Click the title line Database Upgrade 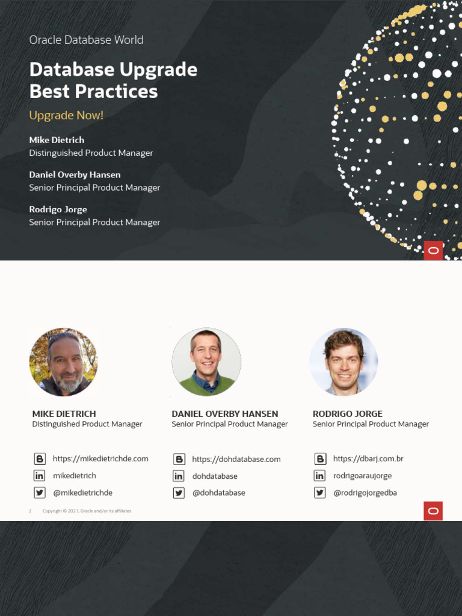(x=113, y=70)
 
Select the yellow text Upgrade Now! (x=66, y=115)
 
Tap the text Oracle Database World (x=86, y=40)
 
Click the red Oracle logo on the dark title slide (x=433, y=250)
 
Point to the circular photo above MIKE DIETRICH (x=63, y=362)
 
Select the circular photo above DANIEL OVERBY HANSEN (x=206, y=362)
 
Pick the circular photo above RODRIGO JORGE (x=343, y=362)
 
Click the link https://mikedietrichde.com (x=100, y=458)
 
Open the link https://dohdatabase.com (x=236, y=459)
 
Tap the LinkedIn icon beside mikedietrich (x=40, y=476)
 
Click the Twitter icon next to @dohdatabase (x=179, y=493)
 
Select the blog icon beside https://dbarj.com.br (x=320, y=459)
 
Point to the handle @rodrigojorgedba (x=365, y=493)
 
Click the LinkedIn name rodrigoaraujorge (x=362, y=476)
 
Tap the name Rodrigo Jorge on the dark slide (x=58, y=209)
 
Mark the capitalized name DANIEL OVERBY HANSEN (x=225, y=414)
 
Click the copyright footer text (x=87, y=511)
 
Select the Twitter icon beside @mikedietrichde (x=40, y=493)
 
